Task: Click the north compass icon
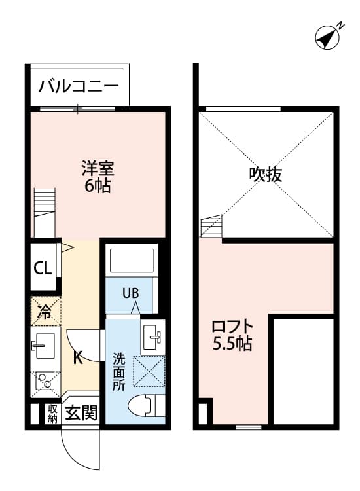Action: coord(328,37)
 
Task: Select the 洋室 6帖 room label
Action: coord(98,177)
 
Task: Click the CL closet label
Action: coord(43,268)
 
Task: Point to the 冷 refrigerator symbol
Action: coord(45,312)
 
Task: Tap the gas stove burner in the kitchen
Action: coord(45,380)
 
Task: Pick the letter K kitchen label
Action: coord(77,358)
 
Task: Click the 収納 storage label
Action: coord(52,414)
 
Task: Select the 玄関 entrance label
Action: coord(82,414)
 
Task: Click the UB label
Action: coord(131,292)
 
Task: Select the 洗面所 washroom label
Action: coord(118,372)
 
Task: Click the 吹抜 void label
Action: coord(266,175)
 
